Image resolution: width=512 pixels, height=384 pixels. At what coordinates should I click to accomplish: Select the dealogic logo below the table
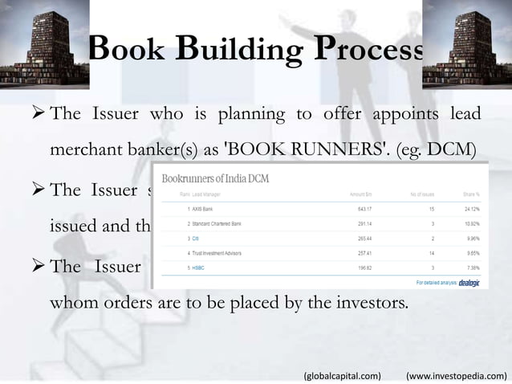coord(464,283)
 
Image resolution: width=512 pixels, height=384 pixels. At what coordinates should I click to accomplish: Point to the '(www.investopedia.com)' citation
coord(457,374)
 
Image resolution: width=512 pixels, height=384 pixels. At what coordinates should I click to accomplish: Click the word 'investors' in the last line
coord(371,304)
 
